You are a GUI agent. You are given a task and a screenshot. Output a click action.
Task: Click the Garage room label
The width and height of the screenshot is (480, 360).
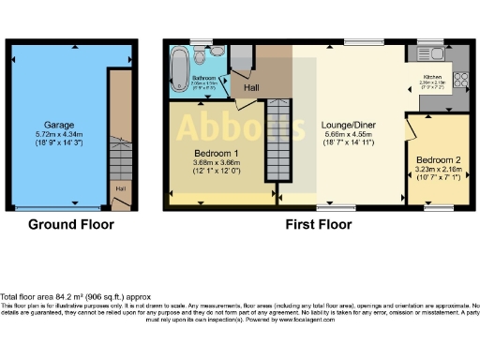click(x=59, y=124)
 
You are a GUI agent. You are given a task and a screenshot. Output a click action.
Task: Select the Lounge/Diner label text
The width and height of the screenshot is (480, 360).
click(x=347, y=124)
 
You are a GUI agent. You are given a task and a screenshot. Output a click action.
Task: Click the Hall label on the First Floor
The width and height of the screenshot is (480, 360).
click(x=251, y=88)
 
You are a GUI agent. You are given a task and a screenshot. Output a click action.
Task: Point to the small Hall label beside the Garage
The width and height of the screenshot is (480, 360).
click(x=120, y=188)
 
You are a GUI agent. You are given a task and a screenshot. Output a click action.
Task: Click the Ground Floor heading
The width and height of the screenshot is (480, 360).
click(x=70, y=225)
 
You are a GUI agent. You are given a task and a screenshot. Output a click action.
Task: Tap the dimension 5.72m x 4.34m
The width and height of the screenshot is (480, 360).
click(x=58, y=136)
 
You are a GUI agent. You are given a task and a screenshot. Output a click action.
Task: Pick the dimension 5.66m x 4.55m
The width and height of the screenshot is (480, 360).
click(x=347, y=135)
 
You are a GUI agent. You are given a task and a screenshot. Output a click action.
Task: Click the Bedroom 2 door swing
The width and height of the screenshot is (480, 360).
click(x=412, y=127)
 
